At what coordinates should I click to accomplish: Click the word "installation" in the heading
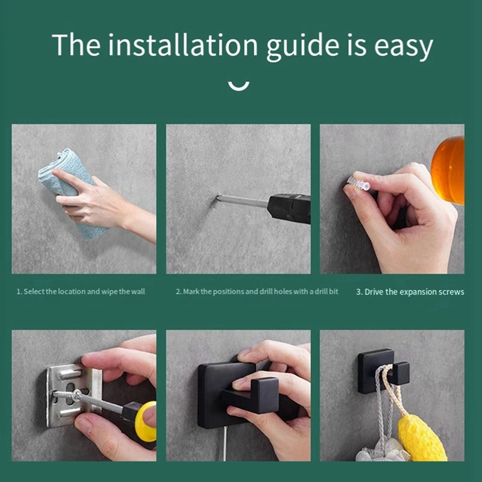point(183,45)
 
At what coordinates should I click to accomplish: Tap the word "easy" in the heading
point(403,48)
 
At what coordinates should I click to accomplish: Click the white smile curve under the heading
point(239,86)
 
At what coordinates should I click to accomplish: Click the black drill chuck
point(289,207)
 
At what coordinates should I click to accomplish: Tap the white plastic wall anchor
point(358,183)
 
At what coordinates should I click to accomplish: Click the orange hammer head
point(448,170)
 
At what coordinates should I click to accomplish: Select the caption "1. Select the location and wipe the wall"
point(81,292)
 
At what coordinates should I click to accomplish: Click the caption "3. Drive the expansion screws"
point(410,292)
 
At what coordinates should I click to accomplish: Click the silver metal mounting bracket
point(74,395)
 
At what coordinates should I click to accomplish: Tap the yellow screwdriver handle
point(145,421)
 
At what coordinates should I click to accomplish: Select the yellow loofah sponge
point(422,438)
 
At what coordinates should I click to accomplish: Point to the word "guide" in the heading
point(302,47)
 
